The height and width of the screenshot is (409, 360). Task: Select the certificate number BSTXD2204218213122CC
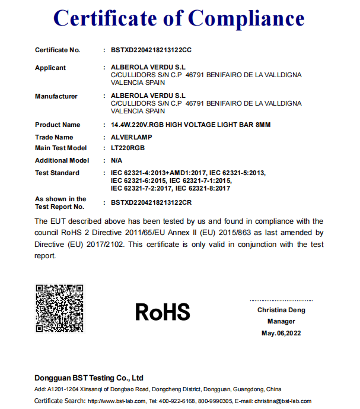point(151,50)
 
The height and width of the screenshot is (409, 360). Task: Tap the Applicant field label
point(50,68)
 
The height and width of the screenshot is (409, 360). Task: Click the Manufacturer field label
point(56,96)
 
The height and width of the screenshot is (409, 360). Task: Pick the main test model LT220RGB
point(128,148)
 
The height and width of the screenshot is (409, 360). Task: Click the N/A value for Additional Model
point(117,160)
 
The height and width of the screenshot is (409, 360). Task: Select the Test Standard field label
point(57,173)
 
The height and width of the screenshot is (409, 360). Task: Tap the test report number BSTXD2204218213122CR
point(151,202)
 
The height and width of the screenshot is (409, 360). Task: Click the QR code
point(59,308)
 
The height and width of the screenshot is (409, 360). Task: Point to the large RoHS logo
point(163,312)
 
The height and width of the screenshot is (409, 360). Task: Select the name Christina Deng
point(281,310)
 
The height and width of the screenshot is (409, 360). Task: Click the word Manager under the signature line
point(281,321)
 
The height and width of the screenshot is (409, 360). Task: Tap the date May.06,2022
point(281,334)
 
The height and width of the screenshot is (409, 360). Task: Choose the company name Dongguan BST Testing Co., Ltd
point(89,378)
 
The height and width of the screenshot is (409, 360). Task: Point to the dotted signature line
point(281,300)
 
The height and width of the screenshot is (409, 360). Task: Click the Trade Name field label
point(54,137)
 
